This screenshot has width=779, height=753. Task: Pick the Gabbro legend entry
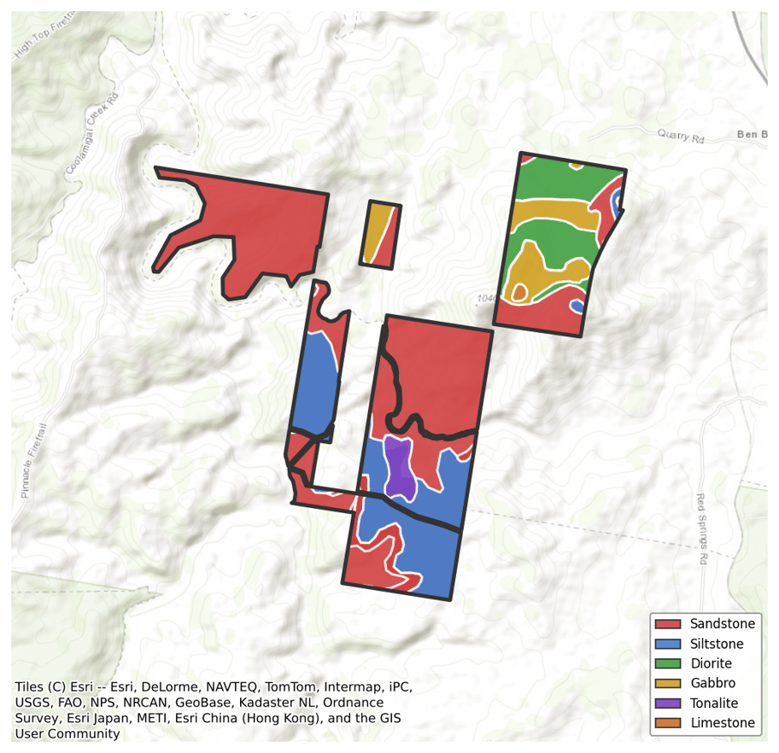pos(712,684)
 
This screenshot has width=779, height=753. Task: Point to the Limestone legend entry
pos(722,723)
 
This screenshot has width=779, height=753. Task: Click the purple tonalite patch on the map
pos(398,468)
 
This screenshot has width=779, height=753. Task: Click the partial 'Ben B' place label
pos(752,135)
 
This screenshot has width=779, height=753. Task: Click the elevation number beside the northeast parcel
pos(486,299)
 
